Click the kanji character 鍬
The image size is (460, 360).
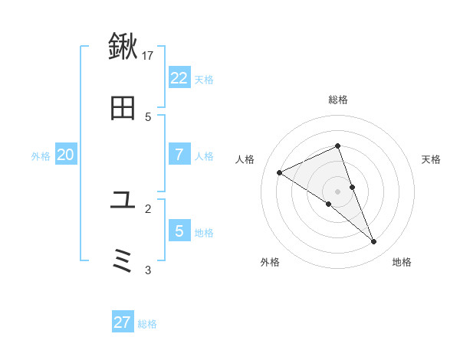click(x=123, y=47)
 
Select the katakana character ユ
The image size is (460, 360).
click(x=123, y=201)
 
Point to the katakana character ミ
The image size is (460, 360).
click(x=123, y=262)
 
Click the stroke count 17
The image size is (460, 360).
click(x=148, y=55)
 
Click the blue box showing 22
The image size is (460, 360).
click(x=179, y=78)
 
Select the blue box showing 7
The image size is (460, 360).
click(x=179, y=155)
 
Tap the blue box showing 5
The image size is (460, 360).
click(x=179, y=231)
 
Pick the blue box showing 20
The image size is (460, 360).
click(x=66, y=155)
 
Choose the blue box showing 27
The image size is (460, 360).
click(x=123, y=322)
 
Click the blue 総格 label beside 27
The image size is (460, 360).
click(x=147, y=324)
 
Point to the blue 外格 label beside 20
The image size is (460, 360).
click(x=41, y=156)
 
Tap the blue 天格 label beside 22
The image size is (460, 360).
click(x=204, y=80)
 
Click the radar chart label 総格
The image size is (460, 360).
click(x=338, y=100)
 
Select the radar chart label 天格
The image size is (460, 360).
click(x=431, y=159)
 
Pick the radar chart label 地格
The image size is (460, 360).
click(x=402, y=262)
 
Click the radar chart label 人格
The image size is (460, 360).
click(x=245, y=159)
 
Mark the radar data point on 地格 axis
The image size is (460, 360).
click(x=374, y=242)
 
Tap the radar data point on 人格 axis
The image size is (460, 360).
click(x=280, y=172)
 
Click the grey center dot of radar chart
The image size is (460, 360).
click(x=338, y=191)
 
